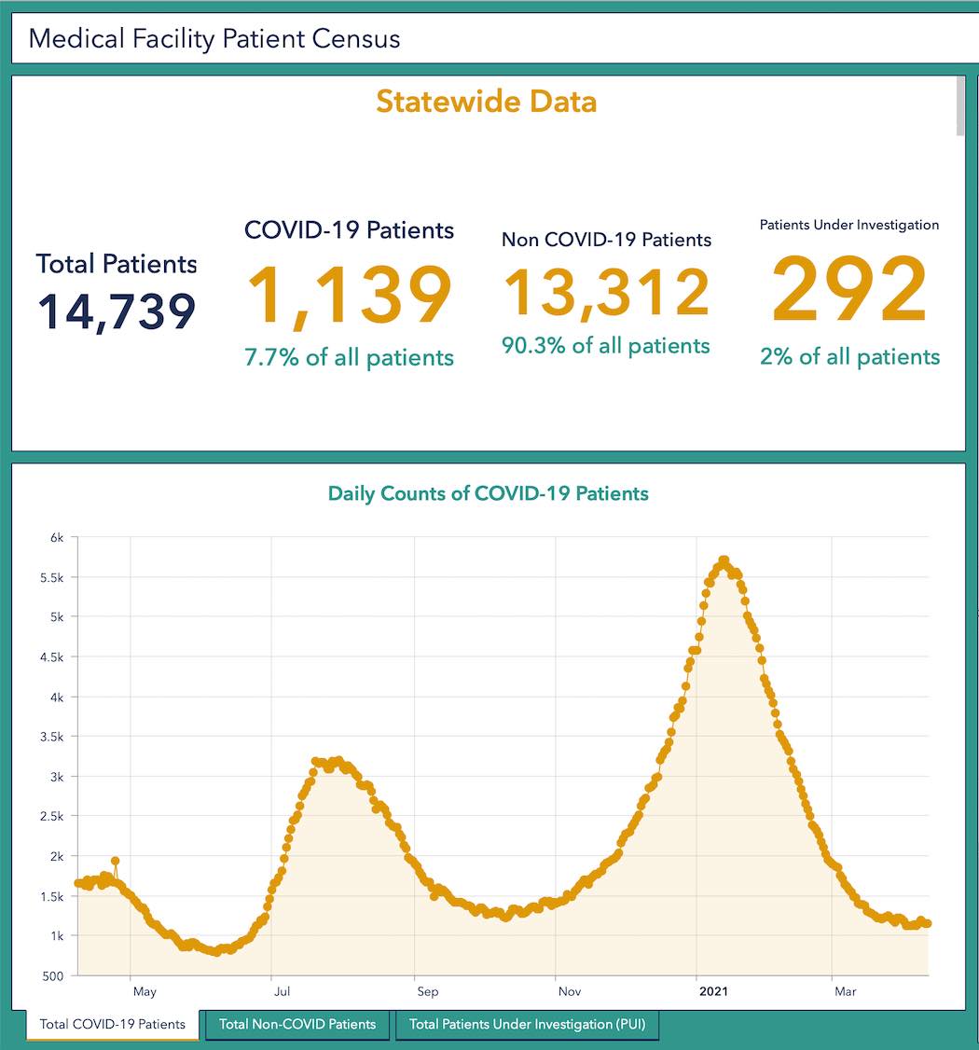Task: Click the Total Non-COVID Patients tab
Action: pos(297,1024)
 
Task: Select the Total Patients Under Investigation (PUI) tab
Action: pos(527,1024)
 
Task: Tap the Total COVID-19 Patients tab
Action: pos(113,1024)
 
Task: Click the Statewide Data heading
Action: pos(486,101)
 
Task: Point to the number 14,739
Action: pos(117,311)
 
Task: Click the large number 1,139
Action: pos(349,297)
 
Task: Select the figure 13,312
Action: pos(606,292)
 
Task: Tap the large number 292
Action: pos(849,292)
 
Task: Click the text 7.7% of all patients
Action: pos(349,357)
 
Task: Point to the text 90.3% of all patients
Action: pos(606,346)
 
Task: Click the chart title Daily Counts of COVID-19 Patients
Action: pos(488,493)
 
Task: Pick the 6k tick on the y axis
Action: pos(57,537)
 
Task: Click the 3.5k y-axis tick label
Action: pos(52,737)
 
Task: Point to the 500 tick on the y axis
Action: pos(53,975)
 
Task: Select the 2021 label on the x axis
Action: pos(714,991)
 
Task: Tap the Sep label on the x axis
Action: pos(428,991)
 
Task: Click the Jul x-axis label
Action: pos(274,991)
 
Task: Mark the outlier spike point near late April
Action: pos(115,861)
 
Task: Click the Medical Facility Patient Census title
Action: pos(214,39)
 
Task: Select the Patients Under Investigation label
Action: pos(849,225)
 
